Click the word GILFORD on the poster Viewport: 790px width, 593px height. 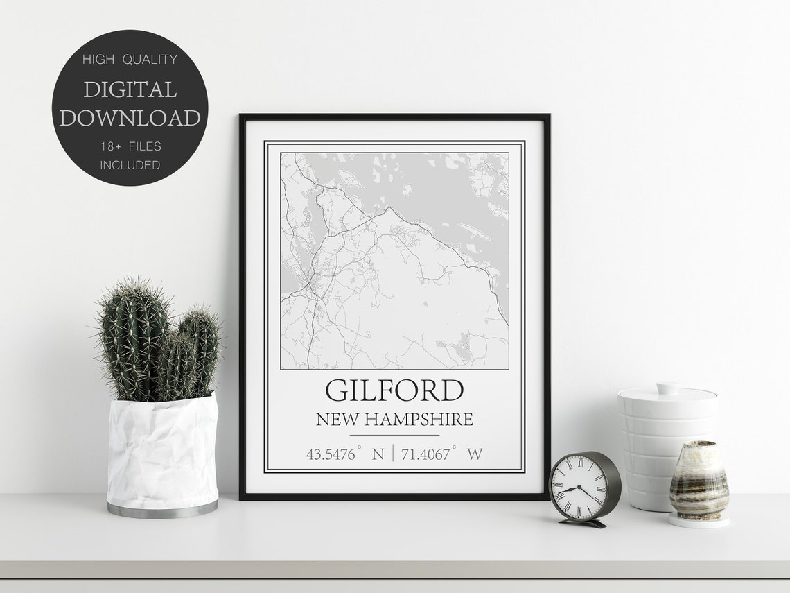coord(394,390)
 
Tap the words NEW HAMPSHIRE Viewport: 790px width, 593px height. coord(394,420)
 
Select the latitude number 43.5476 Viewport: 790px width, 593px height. coord(331,455)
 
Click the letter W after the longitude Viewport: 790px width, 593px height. coord(475,455)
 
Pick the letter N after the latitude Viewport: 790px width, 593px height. coord(378,455)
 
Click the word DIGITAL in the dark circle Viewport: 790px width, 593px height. coord(130,89)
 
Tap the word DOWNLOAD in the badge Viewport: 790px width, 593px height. coord(130,118)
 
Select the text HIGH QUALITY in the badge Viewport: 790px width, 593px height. coord(130,60)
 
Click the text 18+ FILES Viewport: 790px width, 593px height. coord(130,146)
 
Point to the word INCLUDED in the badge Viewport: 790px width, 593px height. coord(130,165)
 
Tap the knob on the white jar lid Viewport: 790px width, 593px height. coord(667,387)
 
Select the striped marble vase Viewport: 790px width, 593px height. coord(699,480)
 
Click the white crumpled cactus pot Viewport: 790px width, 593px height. coord(162,451)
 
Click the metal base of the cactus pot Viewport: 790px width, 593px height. coord(162,510)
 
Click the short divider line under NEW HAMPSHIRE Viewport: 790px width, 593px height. coord(394,436)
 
